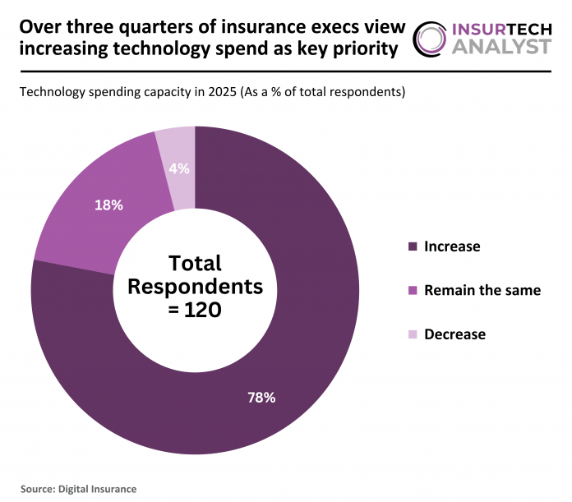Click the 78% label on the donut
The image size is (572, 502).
[261, 398]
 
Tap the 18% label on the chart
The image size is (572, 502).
[108, 205]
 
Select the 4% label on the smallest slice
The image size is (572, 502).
[179, 168]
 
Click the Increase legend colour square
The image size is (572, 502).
[413, 246]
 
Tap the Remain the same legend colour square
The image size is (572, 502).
[413, 290]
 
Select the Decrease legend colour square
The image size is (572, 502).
[413, 334]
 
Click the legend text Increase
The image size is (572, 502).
[452, 246]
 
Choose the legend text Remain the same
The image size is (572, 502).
[482, 290]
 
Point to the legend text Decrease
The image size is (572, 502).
[454, 334]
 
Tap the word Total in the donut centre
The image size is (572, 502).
[195, 263]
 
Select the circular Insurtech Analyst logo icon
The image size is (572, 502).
[432, 39]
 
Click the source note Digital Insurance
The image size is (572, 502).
[97, 488]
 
